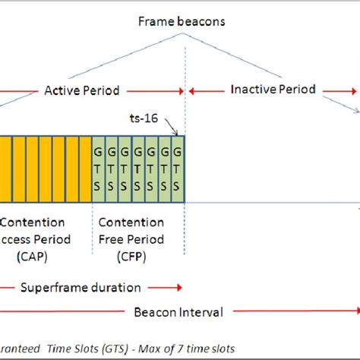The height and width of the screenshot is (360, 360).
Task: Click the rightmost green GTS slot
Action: [x=178, y=169]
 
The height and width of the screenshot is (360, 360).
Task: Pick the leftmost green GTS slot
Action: [x=97, y=169]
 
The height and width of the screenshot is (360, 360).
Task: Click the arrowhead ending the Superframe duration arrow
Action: [x=180, y=288]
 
